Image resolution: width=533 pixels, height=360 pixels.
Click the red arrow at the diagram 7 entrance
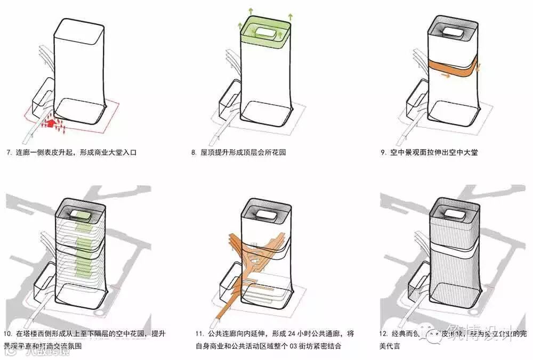(51, 124)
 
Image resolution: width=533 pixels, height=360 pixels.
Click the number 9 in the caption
(383, 153)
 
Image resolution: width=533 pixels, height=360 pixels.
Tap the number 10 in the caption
(7, 334)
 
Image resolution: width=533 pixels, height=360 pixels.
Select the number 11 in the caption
(198, 334)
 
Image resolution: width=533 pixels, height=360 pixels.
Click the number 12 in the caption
(383, 334)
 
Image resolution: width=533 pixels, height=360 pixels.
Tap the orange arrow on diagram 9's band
(447, 76)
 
